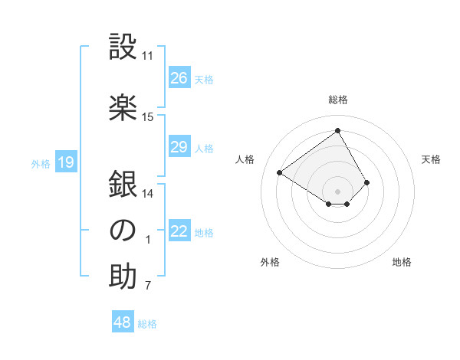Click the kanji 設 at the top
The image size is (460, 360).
(123, 47)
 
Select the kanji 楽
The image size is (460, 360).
(123, 107)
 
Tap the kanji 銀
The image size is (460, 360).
(123, 185)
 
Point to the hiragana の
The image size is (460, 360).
(123, 231)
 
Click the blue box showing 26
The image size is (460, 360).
(179, 78)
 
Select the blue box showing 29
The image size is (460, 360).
(179, 147)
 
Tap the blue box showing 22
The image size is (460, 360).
(179, 232)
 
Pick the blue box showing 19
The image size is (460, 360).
(66, 162)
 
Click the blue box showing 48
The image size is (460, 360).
(123, 322)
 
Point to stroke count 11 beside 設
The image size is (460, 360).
(148, 56)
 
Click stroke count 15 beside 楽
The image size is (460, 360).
(148, 117)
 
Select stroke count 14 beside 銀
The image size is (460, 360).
(148, 194)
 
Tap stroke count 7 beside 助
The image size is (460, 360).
(148, 286)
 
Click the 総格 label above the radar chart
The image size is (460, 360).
(337, 100)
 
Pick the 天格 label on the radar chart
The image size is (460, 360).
(432, 159)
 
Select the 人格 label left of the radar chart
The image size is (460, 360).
(245, 159)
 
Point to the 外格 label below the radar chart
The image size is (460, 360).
(270, 262)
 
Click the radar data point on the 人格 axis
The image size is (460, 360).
(280, 172)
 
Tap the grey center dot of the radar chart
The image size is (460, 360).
(337, 191)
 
